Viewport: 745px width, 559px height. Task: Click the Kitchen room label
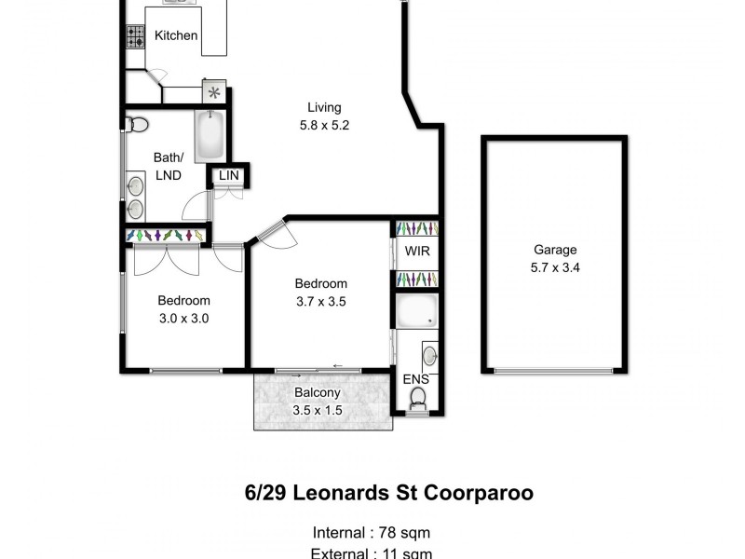tap(176, 36)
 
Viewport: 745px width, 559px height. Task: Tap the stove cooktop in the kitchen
tap(134, 36)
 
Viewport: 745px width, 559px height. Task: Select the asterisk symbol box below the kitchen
tap(215, 92)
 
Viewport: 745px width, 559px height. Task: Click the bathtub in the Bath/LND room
tap(210, 136)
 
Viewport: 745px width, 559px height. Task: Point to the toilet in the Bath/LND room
tap(138, 124)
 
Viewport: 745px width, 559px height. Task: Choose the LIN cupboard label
tap(228, 175)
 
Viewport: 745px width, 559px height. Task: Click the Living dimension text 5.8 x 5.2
tap(325, 125)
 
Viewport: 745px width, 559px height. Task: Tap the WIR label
tap(416, 251)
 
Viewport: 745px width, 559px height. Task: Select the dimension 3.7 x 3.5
tap(321, 301)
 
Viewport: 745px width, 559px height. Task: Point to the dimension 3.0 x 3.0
tap(183, 318)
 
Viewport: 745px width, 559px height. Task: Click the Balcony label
tap(317, 393)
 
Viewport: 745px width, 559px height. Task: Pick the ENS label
tap(415, 379)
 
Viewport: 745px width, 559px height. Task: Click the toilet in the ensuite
tap(418, 399)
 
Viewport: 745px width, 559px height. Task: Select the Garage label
tap(555, 250)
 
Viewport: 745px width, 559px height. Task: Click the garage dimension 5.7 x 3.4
tap(555, 267)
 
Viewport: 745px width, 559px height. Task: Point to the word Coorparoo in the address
tap(480, 493)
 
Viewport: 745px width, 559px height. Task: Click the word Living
tap(325, 107)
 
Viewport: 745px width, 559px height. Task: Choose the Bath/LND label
tap(169, 166)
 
